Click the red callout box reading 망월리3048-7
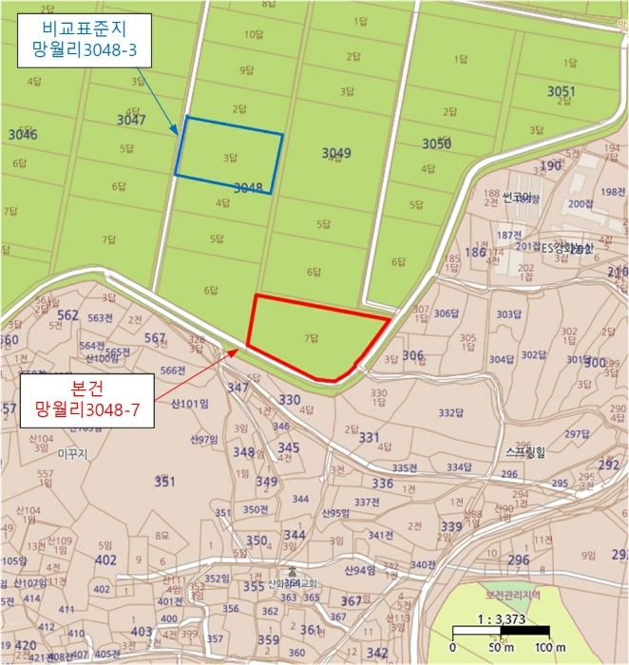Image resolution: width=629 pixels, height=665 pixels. (87, 400)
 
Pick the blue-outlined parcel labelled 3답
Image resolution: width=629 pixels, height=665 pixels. (229, 155)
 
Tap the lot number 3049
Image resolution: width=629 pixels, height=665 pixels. (336, 152)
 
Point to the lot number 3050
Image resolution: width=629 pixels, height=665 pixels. (436, 143)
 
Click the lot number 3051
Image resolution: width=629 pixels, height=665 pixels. (562, 91)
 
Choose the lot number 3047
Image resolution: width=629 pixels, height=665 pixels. (131, 120)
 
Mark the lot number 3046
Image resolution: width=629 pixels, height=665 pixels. (21, 135)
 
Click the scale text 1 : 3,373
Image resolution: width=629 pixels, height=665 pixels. (501, 617)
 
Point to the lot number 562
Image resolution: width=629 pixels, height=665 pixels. (67, 315)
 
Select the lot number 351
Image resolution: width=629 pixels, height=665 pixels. (164, 482)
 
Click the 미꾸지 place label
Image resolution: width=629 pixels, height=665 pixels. (72, 455)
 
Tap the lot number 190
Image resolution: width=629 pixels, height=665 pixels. (551, 166)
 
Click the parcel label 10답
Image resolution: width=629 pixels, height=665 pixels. (253, 34)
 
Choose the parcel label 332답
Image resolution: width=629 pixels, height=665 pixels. (450, 413)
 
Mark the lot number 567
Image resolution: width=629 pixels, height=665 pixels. (155, 338)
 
